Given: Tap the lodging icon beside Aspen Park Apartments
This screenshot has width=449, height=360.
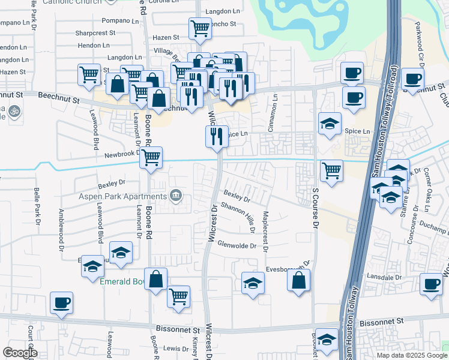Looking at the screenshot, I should pyautogui.click(x=176, y=195).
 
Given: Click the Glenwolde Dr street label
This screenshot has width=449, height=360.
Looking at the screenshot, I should pyautogui.click(x=237, y=245).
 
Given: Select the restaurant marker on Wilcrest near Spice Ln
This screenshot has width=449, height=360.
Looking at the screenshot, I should pyautogui.click(x=217, y=136).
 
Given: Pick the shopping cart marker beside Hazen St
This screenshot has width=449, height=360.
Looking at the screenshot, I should pyautogui.click(x=200, y=27).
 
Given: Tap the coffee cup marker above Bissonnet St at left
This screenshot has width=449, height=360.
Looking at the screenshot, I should pyautogui.click(x=61, y=301).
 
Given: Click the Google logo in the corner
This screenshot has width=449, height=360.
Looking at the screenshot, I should pyautogui.click(x=20, y=353).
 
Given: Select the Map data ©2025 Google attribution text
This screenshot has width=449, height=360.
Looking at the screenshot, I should pyautogui.click(x=411, y=355).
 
